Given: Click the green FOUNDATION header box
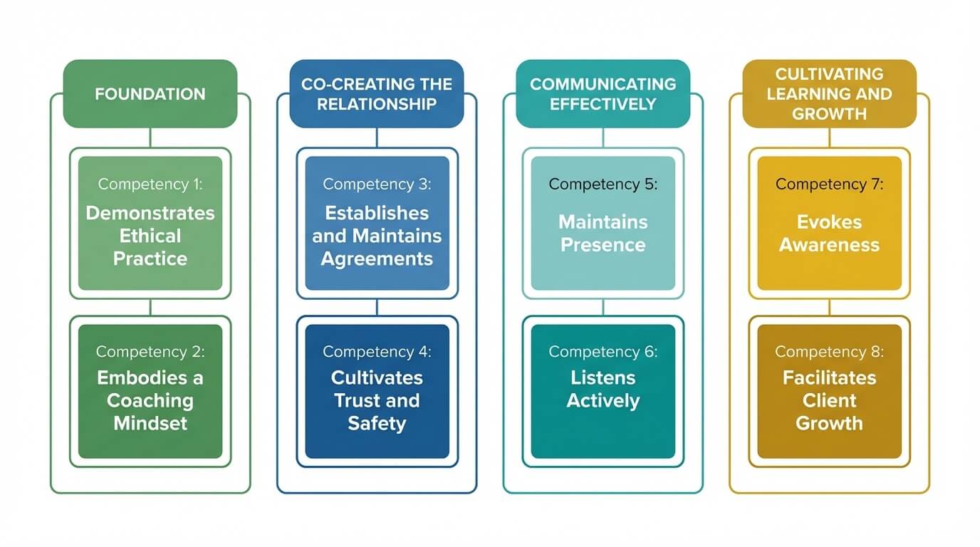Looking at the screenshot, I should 150,93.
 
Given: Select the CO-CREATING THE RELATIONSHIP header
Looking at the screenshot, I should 376,93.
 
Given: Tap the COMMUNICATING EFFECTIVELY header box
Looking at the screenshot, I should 603,93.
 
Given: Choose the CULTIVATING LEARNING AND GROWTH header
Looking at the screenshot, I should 829,93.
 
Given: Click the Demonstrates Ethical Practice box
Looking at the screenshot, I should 150,223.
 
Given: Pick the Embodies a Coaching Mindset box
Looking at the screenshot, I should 150,391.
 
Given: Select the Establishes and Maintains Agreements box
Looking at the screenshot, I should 377,223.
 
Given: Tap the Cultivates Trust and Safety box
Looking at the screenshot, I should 377,391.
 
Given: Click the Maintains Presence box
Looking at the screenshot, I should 603,223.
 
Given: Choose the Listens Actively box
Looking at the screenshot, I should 603,391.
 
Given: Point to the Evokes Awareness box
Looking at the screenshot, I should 829,223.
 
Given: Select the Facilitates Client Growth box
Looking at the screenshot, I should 829,391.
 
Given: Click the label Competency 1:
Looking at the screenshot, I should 150,184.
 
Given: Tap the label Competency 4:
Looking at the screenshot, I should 377,352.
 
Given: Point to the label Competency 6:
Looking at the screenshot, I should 603,352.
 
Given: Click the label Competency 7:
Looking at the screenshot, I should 829,184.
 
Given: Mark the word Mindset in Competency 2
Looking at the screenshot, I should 150,423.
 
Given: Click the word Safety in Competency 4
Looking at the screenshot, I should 377,423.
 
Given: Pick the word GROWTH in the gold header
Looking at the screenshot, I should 829,113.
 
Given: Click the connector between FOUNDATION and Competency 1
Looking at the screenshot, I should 150,137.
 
